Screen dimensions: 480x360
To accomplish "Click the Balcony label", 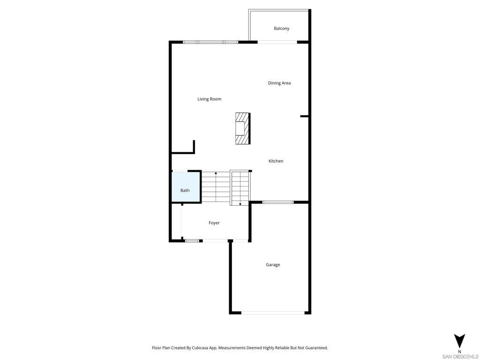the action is coord(281,29).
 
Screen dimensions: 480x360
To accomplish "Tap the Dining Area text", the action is coord(279,83).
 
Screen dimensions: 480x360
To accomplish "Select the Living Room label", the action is coord(210,99).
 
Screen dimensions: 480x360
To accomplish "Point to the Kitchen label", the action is coord(276,161).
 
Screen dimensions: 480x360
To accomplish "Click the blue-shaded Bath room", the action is coord(186,187).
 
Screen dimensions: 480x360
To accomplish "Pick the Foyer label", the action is coord(214,223).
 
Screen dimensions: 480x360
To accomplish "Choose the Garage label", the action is coord(273,265).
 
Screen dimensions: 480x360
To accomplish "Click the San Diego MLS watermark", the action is coord(460,357).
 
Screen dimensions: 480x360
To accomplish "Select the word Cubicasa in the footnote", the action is coord(200,348).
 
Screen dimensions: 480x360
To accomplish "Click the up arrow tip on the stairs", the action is coord(216,172).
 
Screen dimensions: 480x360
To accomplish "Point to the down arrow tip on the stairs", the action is coord(240,204).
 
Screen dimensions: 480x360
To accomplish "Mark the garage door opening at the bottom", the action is coord(273,313).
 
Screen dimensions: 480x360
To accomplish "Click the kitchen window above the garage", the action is coord(278,202).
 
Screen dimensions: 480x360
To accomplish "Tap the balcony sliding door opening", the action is coord(277,42).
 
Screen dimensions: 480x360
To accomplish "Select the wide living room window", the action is coord(210,42).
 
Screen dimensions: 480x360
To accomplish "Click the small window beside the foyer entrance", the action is coord(192,241).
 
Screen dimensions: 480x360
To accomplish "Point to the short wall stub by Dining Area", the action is coord(304,116).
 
